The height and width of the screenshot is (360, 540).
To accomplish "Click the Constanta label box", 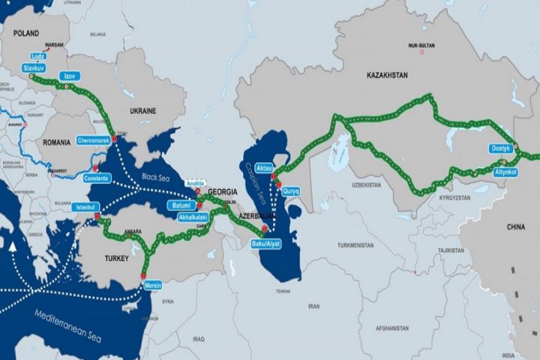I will point(98,178).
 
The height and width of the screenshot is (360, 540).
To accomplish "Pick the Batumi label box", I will point(178,205).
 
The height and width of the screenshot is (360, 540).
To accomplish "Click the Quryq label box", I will point(290,190).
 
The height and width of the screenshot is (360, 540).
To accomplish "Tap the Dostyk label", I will point(501,148).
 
